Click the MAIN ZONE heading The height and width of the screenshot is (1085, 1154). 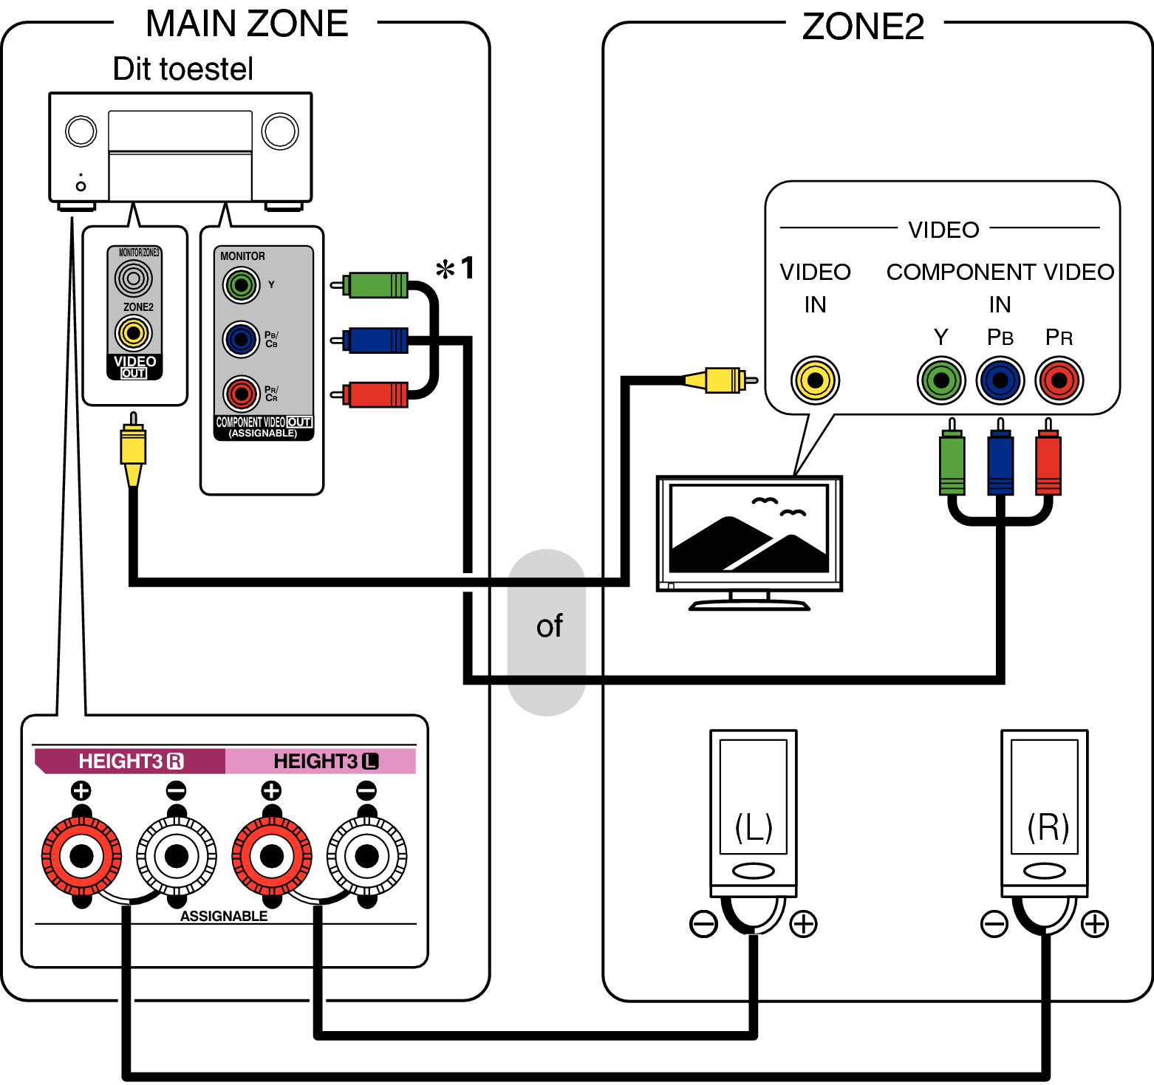click(x=247, y=24)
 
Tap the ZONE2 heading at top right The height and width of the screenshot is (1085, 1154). click(x=862, y=27)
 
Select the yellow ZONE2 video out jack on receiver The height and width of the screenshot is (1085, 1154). click(x=134, y=333)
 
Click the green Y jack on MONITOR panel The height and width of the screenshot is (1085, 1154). click(x=241, y=285)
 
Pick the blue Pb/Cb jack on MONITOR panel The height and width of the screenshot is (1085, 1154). click(x=241, y=340)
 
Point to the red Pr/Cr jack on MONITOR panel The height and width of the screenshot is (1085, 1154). click(x=241, y=394)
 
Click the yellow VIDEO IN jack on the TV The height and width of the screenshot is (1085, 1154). click(x=815, y=380)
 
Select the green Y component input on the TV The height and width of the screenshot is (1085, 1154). click(x=941, y=380)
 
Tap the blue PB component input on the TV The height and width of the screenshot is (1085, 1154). click(x=1000, y=380)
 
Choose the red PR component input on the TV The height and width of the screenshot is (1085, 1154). click(x=1059, y=380)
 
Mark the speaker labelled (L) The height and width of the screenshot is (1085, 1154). click(x=753, y=812)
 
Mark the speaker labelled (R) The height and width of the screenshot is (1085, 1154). click(x=1045, y=812)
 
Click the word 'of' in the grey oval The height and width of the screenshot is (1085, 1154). click(x=549, y=626)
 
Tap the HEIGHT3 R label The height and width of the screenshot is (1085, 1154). click(x=130, y=761)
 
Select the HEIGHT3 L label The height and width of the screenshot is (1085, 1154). click(x=325, y=761)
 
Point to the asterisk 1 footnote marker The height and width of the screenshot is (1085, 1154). click(x=455, y=268)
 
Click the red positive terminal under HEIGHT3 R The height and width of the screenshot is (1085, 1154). click(x=81, y=856)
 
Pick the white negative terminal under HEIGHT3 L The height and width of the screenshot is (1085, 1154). click(x=366, y=856)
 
